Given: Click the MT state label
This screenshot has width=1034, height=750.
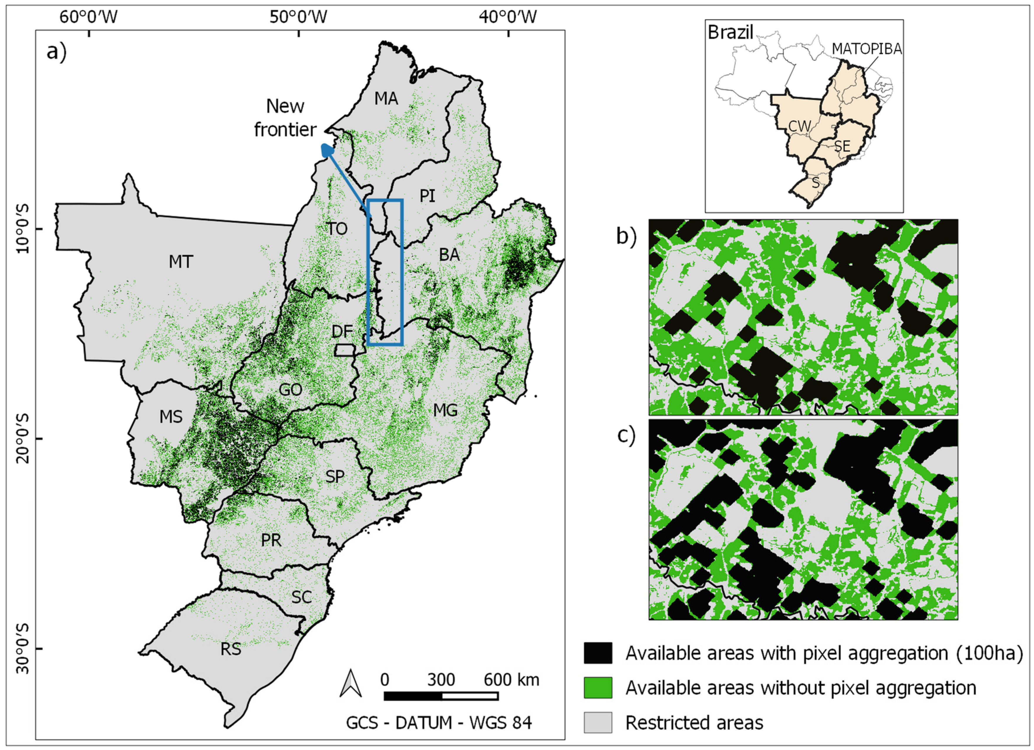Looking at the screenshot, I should (x=181, y=262).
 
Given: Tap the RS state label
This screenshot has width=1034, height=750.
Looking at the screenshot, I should (x=231, y=649).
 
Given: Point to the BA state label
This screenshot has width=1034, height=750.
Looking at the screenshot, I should (x=449, y=255).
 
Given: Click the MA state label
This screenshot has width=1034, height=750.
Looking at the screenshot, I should (x=386, y=98).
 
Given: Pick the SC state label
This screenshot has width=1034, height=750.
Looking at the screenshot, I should (x=301, y=597).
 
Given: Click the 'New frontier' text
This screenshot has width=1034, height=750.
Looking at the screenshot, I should (x=285, y=118).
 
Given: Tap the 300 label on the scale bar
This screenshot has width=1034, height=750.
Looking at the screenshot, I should (x=441, y=680).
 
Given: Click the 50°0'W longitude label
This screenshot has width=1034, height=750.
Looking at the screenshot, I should (x=298, y=17).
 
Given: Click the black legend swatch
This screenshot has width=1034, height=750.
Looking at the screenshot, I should (x=598, y=653).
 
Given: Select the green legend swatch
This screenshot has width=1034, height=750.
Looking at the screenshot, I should (x=598, y=687).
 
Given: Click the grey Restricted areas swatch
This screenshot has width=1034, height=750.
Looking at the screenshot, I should (x=598, y=722).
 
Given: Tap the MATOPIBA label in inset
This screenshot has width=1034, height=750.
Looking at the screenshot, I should (x=867, y=49).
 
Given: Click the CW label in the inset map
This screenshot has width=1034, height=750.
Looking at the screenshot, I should (x=800, y=126).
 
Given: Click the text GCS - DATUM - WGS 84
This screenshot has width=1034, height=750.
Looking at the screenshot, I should (x=439, y=723).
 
